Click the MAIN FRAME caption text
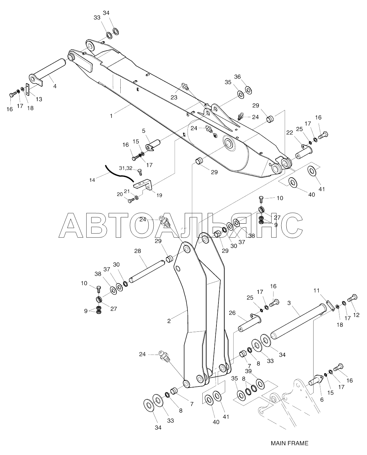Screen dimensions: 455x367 pos(289,443)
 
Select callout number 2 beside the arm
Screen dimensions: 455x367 pos(169,321)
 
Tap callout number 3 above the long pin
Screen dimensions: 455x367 pos(289,303)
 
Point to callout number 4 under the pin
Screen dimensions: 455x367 pos(55,86)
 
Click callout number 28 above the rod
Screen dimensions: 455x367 pos(137,251)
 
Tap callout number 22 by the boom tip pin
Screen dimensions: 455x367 pos(289,133)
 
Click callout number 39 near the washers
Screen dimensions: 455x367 pos(248,371)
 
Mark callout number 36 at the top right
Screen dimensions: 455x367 pos(247,77)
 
